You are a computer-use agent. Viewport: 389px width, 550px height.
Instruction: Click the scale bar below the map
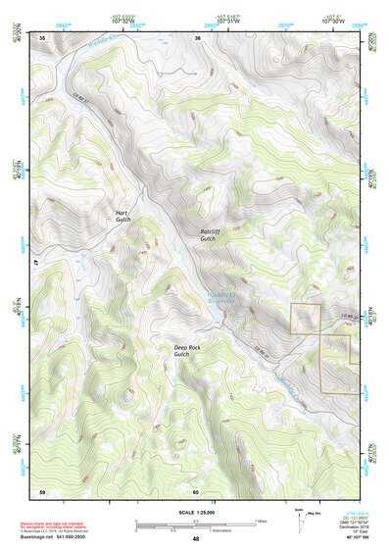point(196,524)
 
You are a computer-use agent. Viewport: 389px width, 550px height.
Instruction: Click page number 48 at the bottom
point(196,540)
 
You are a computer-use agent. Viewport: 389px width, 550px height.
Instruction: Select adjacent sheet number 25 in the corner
point(42,38)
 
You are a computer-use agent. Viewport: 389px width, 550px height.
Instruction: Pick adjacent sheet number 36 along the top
point(197,38)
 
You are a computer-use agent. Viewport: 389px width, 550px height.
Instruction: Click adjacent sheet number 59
point(42,490)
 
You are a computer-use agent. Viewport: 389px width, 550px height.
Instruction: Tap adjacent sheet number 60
point(196,490)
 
